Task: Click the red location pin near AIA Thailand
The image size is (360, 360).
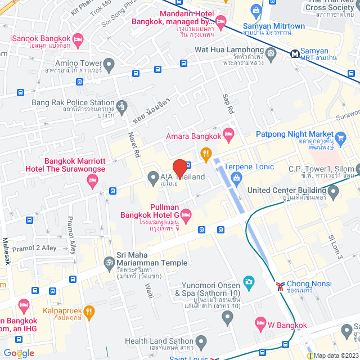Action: (179, 169)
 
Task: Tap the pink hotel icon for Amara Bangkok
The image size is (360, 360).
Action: (228, 134)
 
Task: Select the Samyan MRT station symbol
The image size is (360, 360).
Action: (295, 54)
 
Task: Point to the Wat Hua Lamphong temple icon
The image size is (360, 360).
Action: (272, 54)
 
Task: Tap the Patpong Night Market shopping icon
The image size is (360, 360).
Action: (340, 137)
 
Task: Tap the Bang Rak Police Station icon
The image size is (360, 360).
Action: (121, 105)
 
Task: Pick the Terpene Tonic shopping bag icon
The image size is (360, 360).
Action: (236, 179)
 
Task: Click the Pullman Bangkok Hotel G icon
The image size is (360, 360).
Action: (186, 214)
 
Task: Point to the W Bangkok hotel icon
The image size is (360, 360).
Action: (260, 322)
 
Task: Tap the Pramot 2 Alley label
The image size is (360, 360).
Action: (34, 248)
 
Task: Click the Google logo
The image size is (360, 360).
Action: (19, 353)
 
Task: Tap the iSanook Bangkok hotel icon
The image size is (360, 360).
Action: (78, 39)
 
